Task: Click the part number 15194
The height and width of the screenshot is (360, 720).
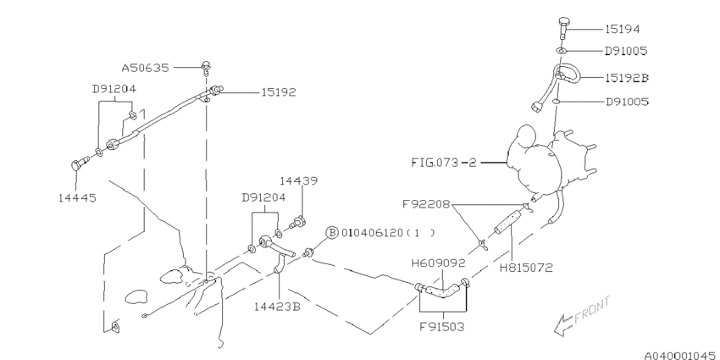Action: point(623,29)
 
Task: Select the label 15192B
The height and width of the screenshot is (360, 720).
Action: point(626,78)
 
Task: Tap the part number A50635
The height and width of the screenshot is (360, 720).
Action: point(145,68)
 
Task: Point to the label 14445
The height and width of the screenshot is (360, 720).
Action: point(77,198)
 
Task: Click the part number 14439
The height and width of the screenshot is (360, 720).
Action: point(298,181)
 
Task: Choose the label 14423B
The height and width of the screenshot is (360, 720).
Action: point(277,306)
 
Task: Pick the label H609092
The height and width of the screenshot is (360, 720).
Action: point(438,263)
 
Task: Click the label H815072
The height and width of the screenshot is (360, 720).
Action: point(526,267)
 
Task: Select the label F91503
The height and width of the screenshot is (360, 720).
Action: point(441,327)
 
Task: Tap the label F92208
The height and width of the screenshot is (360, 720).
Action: point(426,204)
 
